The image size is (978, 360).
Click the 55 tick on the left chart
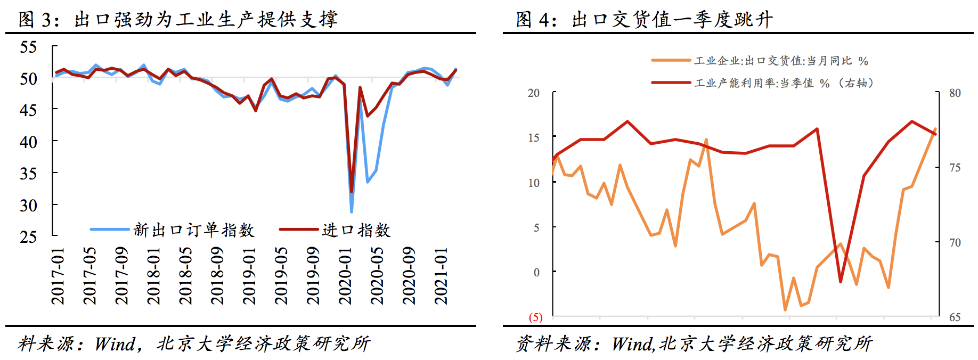click(28, 47)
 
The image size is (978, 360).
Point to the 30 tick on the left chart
click(28, 206)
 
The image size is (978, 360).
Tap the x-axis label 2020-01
click(345, 276)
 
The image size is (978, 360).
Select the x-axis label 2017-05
click(89, 276)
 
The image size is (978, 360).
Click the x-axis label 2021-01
click(441, 276)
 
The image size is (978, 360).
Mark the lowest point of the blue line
click(352, 211)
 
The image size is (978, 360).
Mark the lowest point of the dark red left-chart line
click(352, 191)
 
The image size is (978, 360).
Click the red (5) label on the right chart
click(535, 317)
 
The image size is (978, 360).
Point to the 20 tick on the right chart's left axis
click(534, 93)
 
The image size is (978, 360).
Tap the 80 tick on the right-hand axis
click(955, 93)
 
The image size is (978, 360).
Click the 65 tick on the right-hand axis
click(955, 317)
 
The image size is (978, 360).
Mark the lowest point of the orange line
click(785, 309)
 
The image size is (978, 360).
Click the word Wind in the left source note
click(115, 344)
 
